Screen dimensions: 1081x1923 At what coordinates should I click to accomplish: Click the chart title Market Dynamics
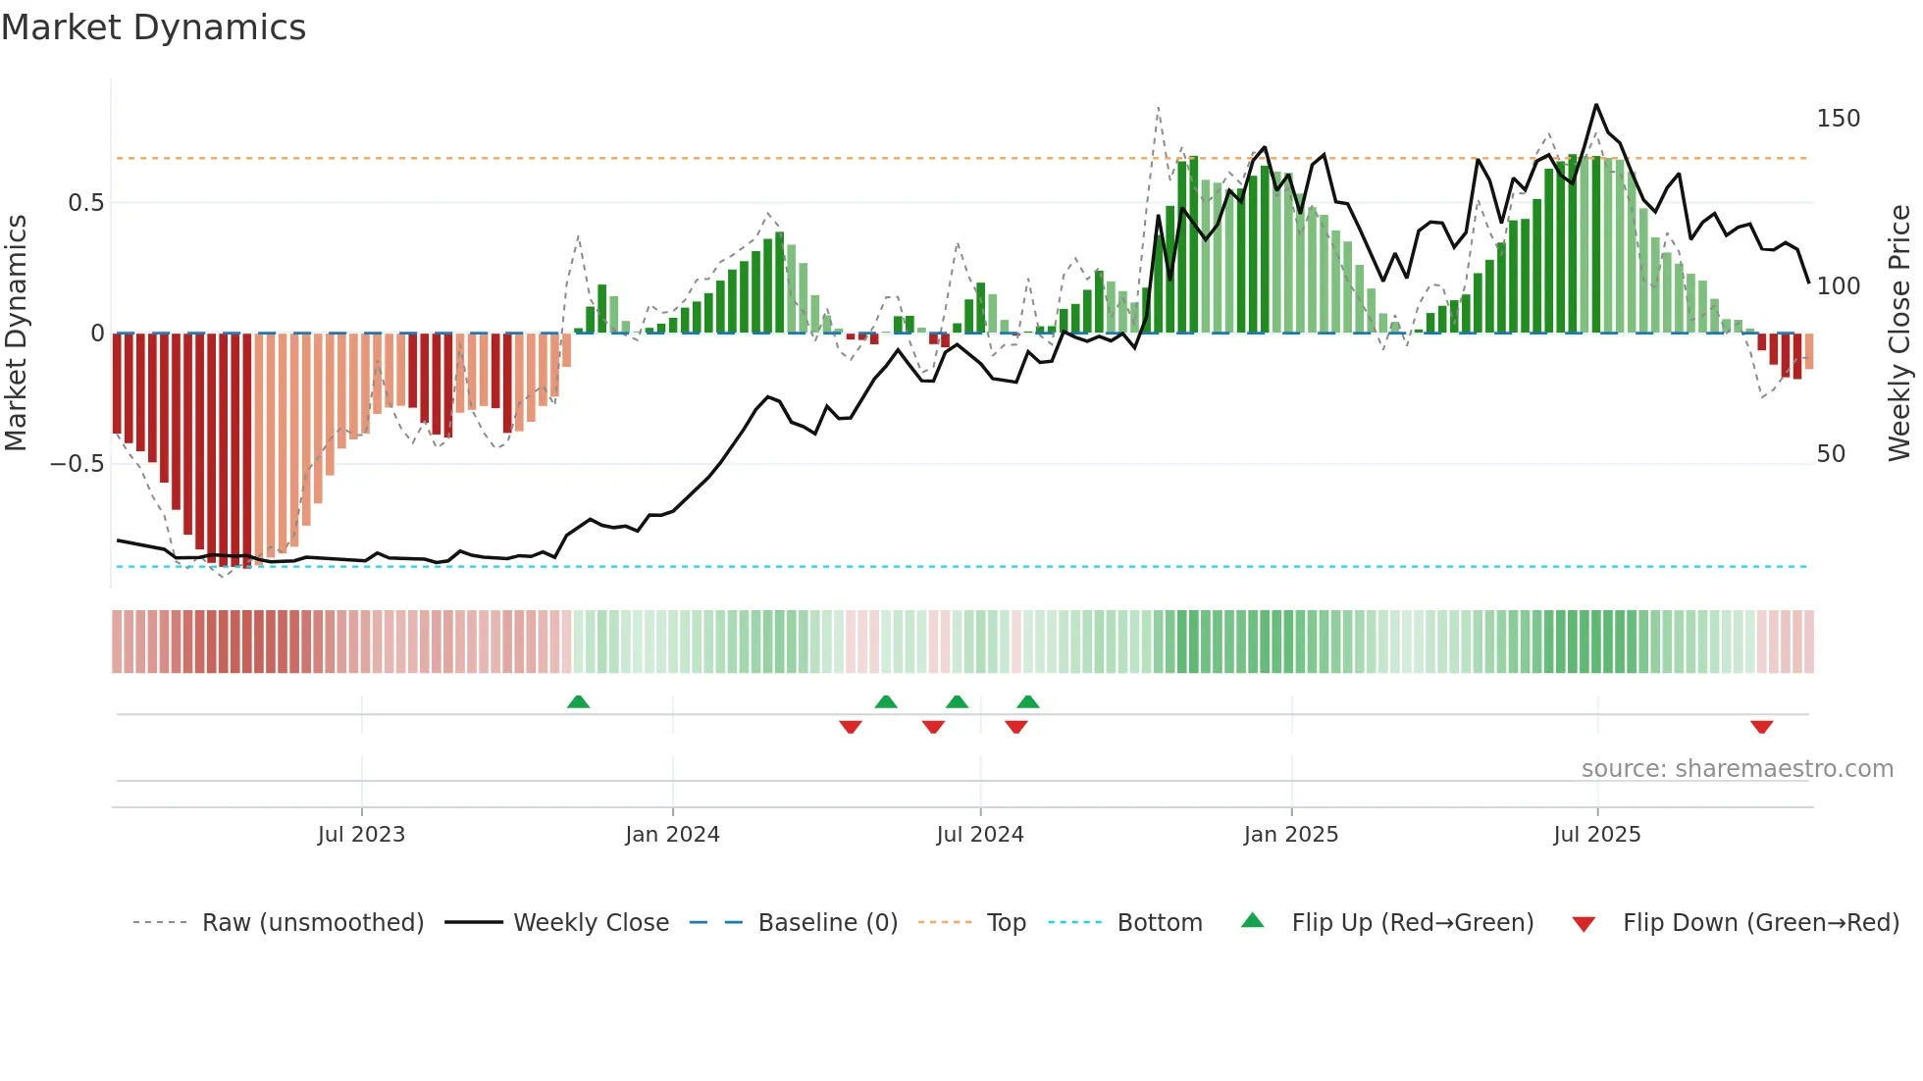[153, 27]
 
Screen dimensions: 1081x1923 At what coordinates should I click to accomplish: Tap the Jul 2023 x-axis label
[361, 835]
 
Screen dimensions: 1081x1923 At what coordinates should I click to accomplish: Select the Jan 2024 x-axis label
[672, 835]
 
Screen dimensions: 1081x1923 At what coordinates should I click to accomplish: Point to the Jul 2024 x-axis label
[979, 835]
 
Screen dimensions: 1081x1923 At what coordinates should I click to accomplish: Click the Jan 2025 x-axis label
[1290, 835]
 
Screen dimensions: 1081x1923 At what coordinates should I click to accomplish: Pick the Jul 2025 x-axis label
[1596, 835]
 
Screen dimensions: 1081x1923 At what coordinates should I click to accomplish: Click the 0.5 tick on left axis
[85, 203]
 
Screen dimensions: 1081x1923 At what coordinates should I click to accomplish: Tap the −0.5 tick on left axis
[77, 464]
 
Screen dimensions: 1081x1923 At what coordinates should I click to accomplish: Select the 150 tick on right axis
[1838, 119]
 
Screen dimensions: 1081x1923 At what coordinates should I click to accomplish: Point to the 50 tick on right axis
[1831, 454]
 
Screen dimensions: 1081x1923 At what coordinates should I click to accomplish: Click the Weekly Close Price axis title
[1899, 334]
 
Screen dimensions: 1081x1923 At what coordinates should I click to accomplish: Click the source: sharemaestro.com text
[1737, 769]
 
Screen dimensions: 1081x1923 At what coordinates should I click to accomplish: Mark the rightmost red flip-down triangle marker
[1761, 727]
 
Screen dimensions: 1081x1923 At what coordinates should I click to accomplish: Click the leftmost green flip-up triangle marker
[578, 701]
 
